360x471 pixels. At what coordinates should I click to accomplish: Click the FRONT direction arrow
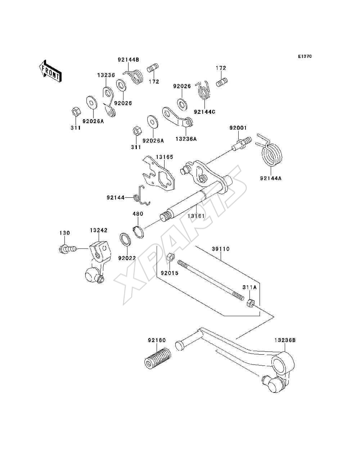50,71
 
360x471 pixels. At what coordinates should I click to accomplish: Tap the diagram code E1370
305,57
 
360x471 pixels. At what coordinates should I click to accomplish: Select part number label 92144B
128,60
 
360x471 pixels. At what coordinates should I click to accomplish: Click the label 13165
164,157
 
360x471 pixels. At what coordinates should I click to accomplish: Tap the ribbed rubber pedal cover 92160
158,359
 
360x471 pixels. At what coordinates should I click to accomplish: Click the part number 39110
221,249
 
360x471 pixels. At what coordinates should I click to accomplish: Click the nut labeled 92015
171,257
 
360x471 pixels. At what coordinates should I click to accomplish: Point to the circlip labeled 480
139,232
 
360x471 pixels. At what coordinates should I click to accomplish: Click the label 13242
99,230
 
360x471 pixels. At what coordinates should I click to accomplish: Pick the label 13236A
186,139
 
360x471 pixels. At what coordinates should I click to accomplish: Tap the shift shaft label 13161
196,216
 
